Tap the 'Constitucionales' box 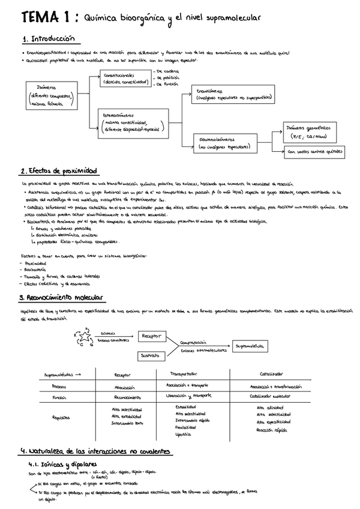[x=125, y=79]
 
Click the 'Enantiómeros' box [x=230, y=94]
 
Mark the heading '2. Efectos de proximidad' [x=58, y=170]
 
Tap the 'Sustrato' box [x=150, y=355]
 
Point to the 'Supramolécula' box [x=251, y=346]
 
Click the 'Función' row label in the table [x=59, y=397]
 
